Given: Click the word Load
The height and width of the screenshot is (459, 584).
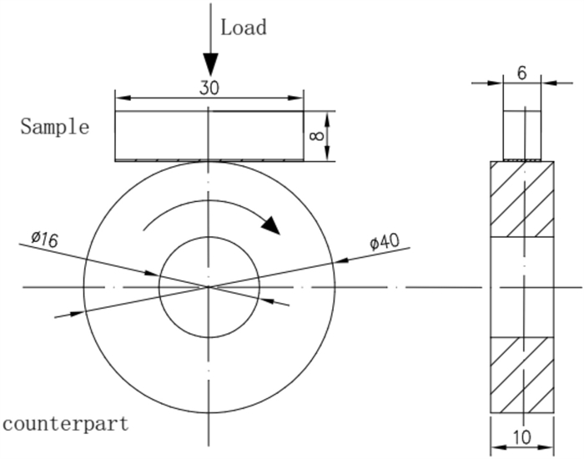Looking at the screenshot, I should (x=243, y=27).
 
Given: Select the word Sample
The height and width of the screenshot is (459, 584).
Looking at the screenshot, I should (x=54, y=127).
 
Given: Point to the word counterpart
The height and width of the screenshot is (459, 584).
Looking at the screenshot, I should (x=66, y=423).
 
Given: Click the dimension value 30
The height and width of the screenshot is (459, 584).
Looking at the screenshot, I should (x=209, y=87).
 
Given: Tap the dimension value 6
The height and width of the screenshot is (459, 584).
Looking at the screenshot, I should (x=522, y=73).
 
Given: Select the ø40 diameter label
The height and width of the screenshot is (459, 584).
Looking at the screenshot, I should (x=385, y=242).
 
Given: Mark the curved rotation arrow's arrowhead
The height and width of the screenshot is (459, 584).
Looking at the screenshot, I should (x=269, y=224).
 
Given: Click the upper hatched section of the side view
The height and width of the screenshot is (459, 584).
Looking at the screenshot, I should (x=521, y=199).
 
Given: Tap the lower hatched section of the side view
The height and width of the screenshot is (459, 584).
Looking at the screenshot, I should (x=521, y=374).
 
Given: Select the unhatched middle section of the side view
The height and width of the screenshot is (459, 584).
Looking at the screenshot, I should (x=521, y=286).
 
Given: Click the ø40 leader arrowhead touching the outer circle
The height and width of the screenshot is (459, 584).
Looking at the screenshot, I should (x=339, y=260).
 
